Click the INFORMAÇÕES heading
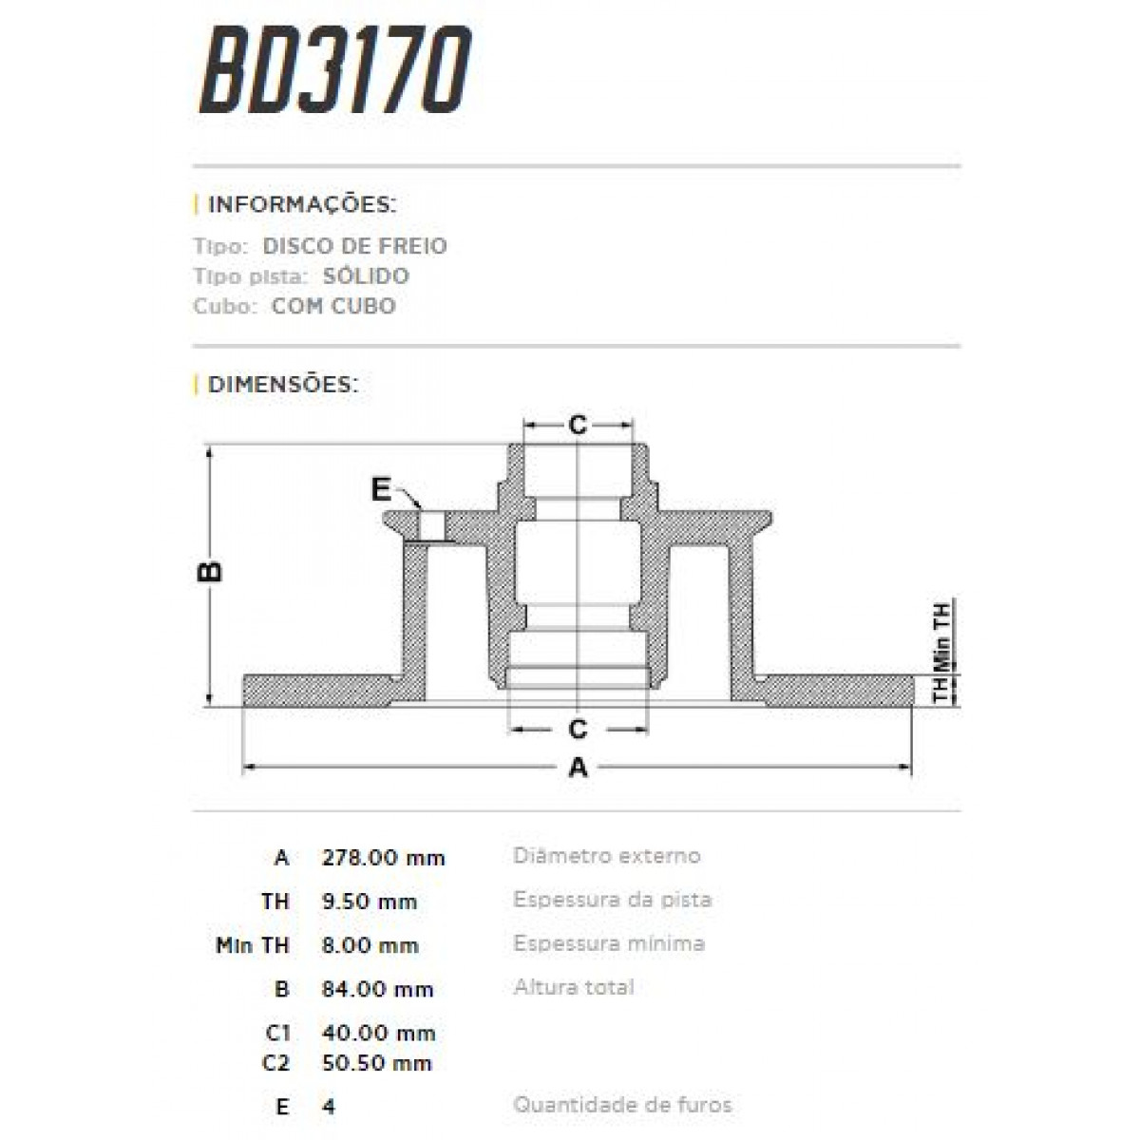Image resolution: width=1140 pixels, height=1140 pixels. point(301,205)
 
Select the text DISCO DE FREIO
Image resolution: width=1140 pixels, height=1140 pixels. point(354,246)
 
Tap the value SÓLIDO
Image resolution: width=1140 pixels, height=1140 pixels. point(366,276)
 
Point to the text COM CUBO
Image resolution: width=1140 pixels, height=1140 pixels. point(333,306)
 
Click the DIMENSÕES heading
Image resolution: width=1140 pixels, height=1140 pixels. point(282,385)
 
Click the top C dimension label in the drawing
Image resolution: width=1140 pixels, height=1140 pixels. point(579,425)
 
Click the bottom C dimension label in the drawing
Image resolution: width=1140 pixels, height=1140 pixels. point(578,730)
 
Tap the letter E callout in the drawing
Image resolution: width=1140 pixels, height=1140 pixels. point(381,489)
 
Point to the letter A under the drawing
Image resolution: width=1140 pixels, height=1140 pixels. point(578,768)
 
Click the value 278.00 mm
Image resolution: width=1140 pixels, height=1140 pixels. point(384,858)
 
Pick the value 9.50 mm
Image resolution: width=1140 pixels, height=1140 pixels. point(370,902)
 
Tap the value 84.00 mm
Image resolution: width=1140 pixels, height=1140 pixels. point(378,989)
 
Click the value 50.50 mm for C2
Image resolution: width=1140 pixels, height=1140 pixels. point(377,1062)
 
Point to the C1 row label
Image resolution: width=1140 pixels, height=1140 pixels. point(277,1033)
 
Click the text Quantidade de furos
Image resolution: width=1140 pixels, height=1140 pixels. point(622,1105)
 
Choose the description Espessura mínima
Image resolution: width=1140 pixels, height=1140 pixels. point(609,943)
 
